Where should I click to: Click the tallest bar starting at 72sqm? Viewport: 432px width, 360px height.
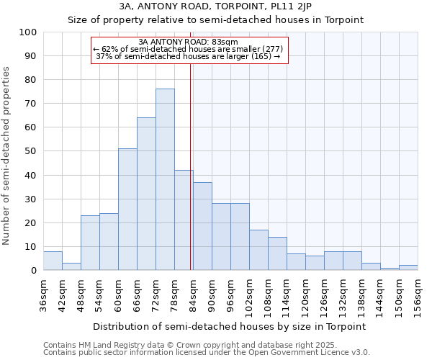(x=165, y=179)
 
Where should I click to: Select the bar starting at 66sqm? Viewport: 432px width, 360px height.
(x=146, y=194)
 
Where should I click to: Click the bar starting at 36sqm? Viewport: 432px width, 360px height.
(x=53, y=261)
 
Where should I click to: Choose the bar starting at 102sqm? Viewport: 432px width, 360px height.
(x=258, y=250)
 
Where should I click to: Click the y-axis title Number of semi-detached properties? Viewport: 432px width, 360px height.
(x=7, y=155)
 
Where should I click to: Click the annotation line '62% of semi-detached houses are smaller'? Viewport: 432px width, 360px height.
(x=188, y=49)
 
